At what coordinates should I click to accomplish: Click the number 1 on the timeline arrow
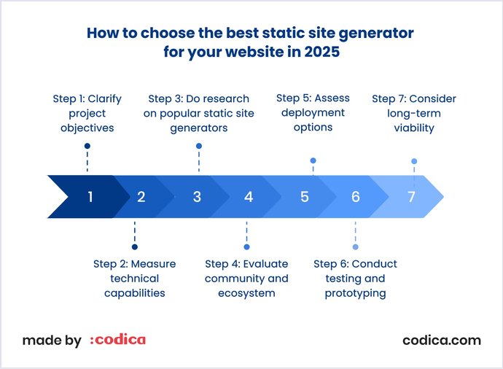click(90, 197)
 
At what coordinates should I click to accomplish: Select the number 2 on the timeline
click(141, 197)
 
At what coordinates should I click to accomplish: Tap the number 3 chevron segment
click(197, 197)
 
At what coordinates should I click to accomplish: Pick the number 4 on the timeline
click(249, 197)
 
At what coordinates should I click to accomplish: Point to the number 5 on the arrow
click(304, 197)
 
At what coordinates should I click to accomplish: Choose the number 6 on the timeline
click(355, 197)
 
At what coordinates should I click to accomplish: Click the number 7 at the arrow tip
click(411, 197)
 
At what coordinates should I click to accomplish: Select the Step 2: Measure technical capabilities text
click(134, 279)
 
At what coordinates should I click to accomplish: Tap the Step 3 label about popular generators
click(198, 113)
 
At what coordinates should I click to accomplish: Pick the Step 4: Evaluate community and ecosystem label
click(246, 279)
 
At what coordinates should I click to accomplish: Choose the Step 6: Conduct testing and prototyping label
click(355, 279)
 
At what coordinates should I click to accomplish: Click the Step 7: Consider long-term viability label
click(414, 113)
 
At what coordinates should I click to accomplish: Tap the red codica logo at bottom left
click(117, 340)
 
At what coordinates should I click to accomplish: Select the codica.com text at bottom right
click(442, 340)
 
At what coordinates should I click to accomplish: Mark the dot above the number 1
click(87, 147)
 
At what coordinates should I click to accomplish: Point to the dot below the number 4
click(246, 247)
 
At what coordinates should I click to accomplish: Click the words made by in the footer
click(51, 341)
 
